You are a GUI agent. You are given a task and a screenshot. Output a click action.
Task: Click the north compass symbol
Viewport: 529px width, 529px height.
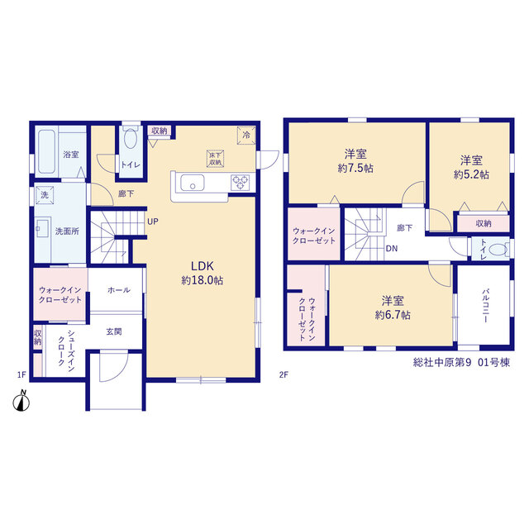(x=21, y=401)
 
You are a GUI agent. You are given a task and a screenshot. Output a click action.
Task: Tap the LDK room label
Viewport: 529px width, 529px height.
(x=203, y=266)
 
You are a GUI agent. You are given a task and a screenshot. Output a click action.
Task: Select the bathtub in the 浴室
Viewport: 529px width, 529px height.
(x=46, y=151)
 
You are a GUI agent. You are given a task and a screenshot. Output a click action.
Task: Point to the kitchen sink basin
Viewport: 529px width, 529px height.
(x=193, y=183)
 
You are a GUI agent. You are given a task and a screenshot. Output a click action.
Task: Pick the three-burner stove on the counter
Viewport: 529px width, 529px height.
(x=241, y=183)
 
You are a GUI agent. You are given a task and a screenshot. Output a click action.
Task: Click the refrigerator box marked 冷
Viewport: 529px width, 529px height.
(x=246, y=136)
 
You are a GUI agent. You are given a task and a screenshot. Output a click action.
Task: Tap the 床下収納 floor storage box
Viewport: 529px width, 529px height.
(x=215, y=159)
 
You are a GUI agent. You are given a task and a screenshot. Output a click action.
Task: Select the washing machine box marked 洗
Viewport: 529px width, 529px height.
(x=45, y=195)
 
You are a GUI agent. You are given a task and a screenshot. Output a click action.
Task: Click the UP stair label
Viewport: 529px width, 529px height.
(x=153, y=222)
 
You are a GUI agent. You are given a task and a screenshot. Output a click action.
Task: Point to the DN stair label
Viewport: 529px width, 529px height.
(x=392, y=249)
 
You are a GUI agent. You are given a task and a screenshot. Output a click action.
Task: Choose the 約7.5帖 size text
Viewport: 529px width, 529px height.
(x=355, y=169)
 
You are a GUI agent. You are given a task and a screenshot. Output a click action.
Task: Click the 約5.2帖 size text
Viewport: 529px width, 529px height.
(x=471, y=174)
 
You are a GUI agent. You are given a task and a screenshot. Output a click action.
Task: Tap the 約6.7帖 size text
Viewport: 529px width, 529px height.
(x=393, y=315)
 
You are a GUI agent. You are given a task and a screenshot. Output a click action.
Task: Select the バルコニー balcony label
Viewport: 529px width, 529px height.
(x=486, y=306)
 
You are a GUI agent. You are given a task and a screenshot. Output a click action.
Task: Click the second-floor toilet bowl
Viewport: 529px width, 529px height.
(x=498, y=250)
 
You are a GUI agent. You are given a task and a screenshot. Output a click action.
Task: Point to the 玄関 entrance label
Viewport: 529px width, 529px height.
(x=114, y=332)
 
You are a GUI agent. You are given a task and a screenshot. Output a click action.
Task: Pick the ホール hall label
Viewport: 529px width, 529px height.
(x=119, y=290)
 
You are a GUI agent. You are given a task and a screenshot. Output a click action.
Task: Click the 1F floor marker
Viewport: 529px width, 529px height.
(x=21, y=374)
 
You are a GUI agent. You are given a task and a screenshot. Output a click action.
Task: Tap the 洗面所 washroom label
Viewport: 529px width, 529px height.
(x=67, y=231)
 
